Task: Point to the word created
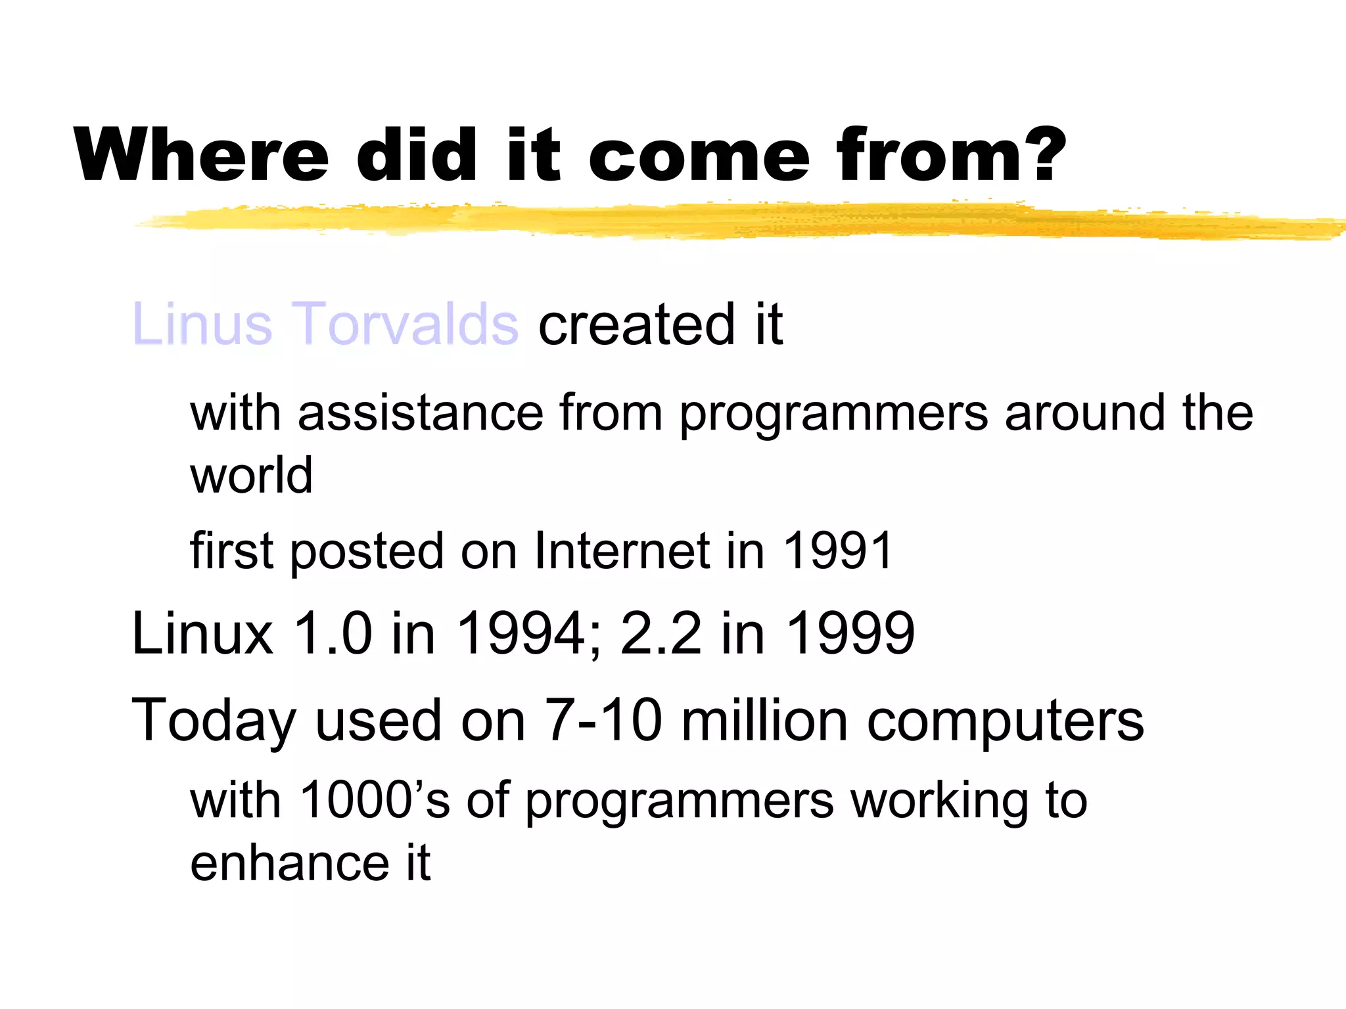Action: (636, 325)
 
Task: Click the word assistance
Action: (421, 413)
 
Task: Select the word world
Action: (251, 475)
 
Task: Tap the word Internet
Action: (622, 550)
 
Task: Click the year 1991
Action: (838, 550)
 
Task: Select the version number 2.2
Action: (661, 633)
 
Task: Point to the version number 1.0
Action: (333, 633)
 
